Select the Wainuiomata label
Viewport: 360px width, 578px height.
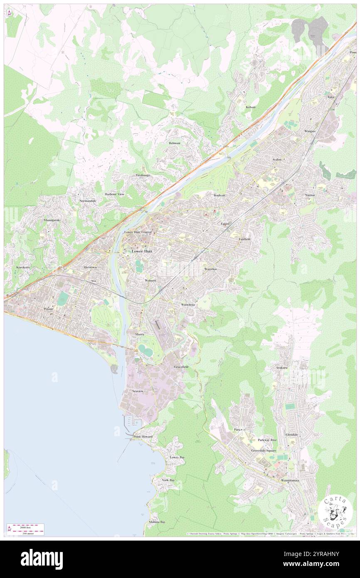click(x=290, y=480)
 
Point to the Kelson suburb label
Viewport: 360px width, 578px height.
click(x=251, y=107)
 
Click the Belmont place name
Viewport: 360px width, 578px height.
click(x=175, y=143)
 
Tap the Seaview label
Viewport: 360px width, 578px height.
click(x=138, y=391)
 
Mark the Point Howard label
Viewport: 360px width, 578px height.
click(x=143, y=437)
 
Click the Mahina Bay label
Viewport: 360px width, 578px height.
click(x=157, y=522)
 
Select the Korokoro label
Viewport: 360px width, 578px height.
click(x=23, y=267)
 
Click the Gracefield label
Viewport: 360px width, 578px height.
click(x=181, y=367)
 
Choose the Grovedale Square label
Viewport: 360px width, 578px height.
click(x=263, y=450)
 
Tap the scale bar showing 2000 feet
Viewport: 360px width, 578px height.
click(x=26, y=526)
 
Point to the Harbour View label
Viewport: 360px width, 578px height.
click(x=114, y=194)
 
